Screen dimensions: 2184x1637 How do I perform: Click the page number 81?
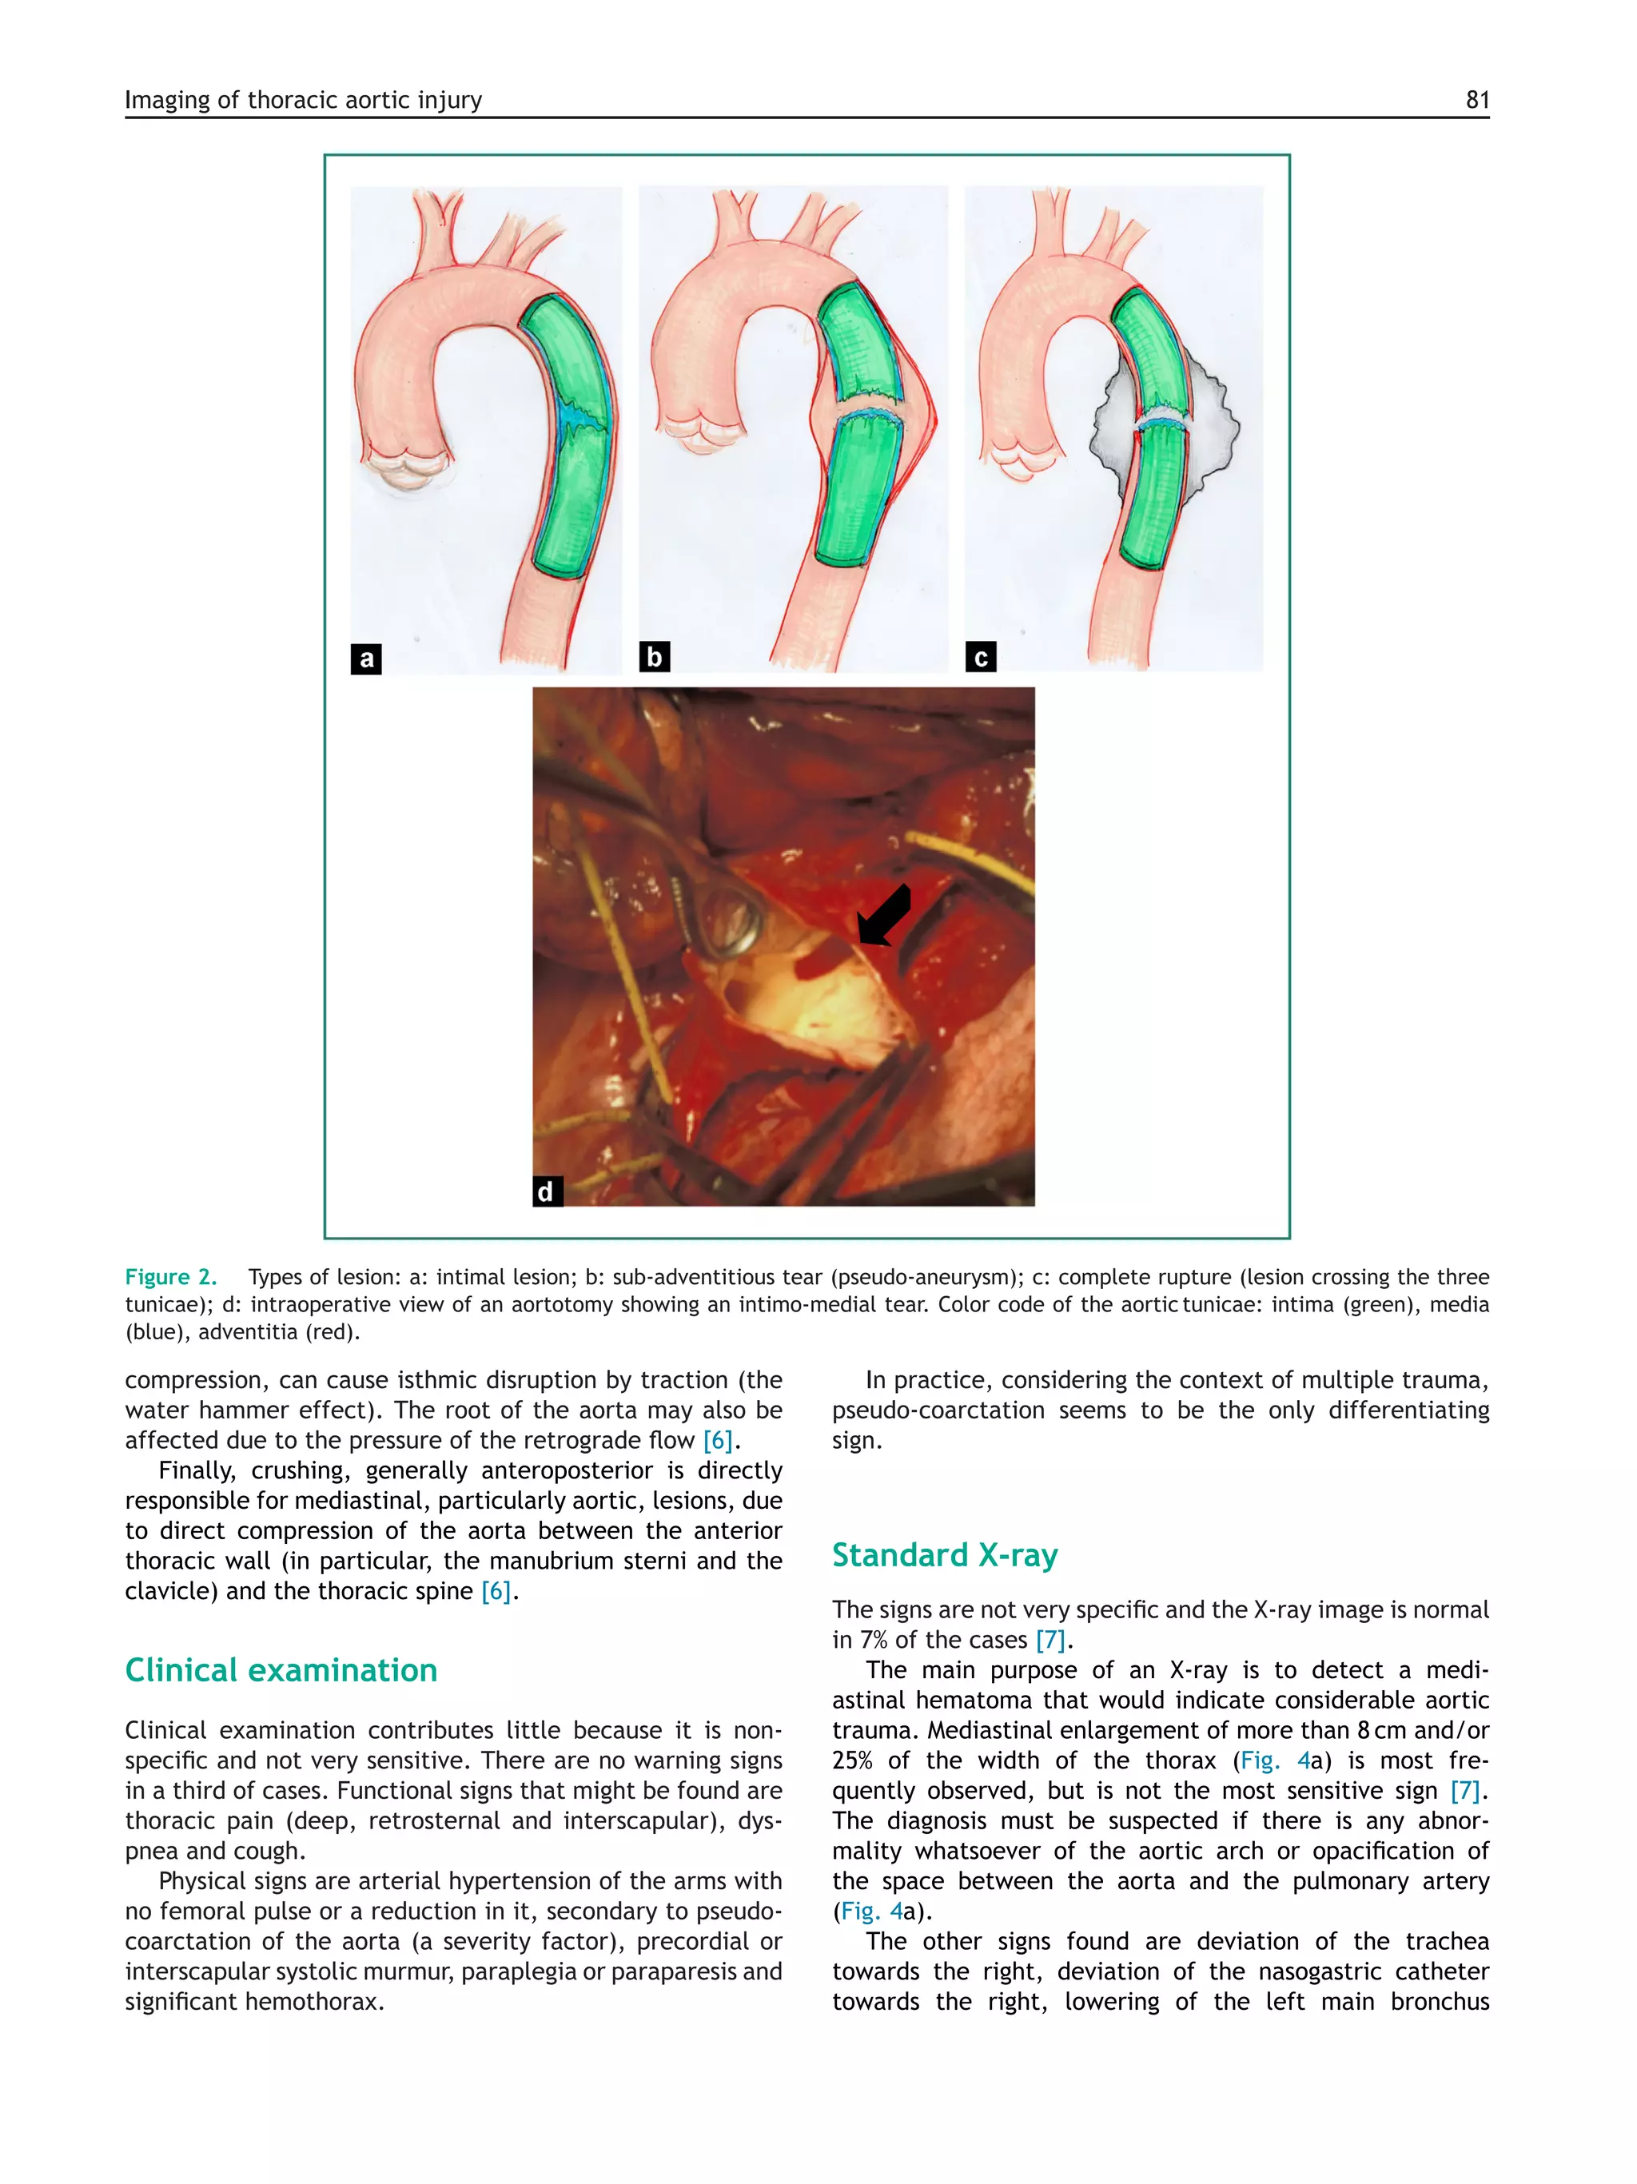[x=1476, y=100]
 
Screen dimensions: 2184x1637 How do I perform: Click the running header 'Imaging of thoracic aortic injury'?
[x=303, y=100]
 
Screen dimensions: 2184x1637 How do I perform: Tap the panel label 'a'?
[x=366, y=658]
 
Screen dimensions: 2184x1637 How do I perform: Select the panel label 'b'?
[x=654, y=657]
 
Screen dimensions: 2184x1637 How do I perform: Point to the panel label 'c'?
[x=981, y=658]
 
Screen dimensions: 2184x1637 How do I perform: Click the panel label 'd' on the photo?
[x=546, y=1191]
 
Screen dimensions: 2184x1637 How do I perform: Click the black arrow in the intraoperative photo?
[x=884, y=914]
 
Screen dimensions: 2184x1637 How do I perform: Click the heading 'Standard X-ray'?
[x=944, y=1555]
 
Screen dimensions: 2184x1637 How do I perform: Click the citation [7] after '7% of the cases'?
[x=1050, y=1640]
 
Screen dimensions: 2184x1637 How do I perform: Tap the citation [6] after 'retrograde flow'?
[x=718, y=1441]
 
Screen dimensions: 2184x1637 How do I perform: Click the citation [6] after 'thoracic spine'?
[x=496, y=1592]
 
